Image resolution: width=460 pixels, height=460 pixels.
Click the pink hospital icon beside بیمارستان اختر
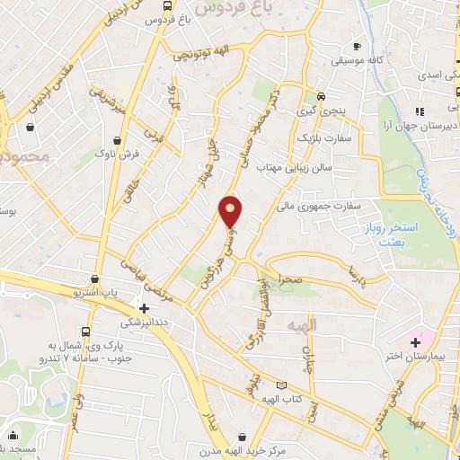pos(415,342)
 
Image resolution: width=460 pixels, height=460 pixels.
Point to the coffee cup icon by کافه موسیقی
pos(358,46)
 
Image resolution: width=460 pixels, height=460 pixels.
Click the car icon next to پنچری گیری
pos(322,97)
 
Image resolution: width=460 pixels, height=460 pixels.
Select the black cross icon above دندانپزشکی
pos(145,308)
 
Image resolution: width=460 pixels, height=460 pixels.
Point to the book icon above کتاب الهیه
pos(281,385)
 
